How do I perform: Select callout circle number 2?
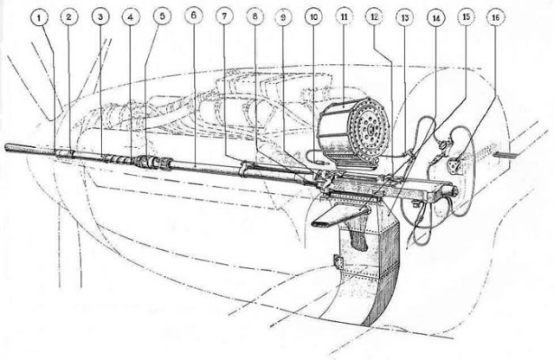(x=69, y=16)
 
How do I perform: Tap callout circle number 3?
(x=100, y=16)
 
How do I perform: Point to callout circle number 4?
(x=131, y=16)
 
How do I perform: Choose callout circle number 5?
(x=162, y=16)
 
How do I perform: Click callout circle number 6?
(x=194, y=16)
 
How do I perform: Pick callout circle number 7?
(x=225, y=16)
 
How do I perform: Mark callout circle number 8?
(x=255, y=16)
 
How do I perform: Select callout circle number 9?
(x=283, y=16)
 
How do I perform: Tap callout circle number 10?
(x=313, y=16)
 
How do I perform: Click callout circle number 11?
(x=345, y=16)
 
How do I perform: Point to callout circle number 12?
(x=375, y=16)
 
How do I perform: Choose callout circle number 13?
(x=405, y=17)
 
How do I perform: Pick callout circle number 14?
(x=436, y=17)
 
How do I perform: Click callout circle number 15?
(x=466, y=16)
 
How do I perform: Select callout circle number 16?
(x=496, y=16)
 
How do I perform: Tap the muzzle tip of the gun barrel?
(x=7, y=147)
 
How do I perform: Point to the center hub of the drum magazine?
(x=370, y=130)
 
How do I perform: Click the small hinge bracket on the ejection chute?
(x=338, y=262)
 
